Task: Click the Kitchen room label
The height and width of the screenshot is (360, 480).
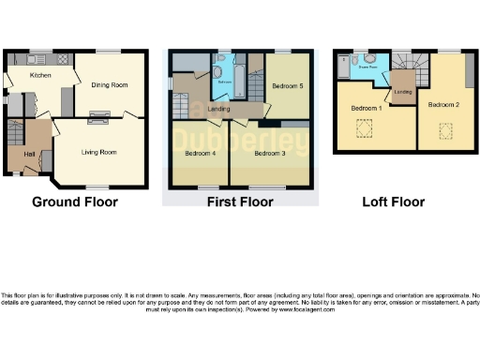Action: [39, 75]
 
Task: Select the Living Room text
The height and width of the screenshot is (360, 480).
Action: [98, 151]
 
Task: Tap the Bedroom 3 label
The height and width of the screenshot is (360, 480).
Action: [270, 152]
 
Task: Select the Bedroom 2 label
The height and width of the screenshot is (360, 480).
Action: [443, 105]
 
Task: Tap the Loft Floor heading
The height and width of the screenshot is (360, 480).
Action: [393, 202]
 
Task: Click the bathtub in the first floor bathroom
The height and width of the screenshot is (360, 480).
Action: [239, 80]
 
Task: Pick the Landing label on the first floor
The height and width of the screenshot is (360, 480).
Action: [219, 110]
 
